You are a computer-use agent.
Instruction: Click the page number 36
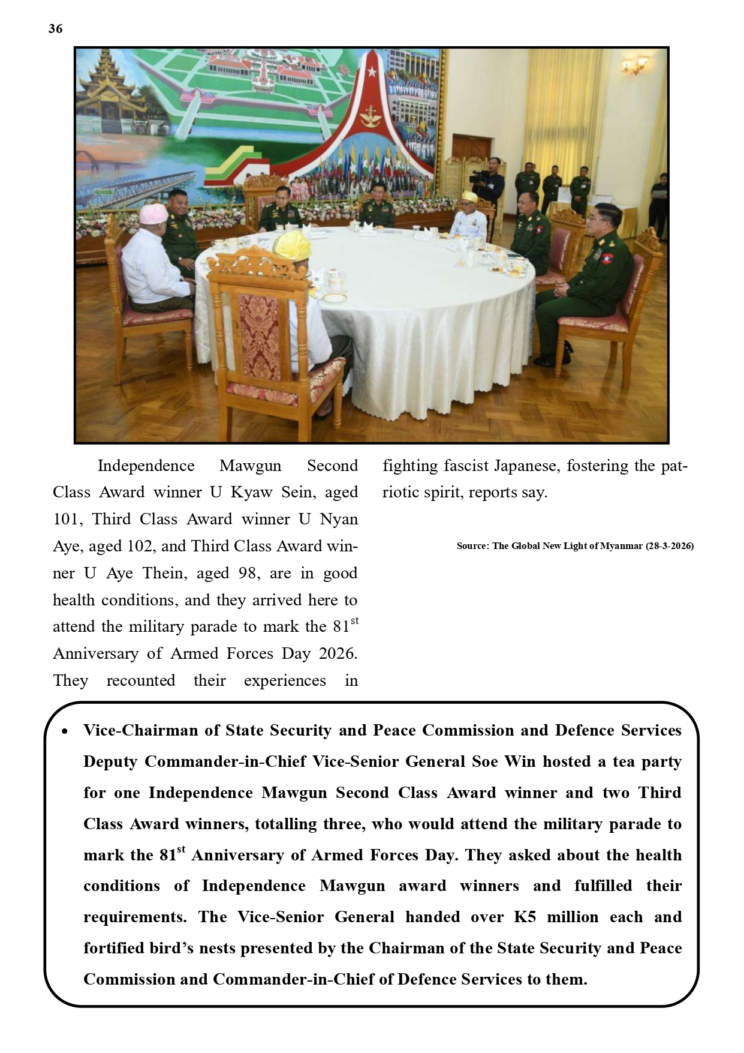pos(55,29)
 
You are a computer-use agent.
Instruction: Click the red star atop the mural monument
pos(372,72)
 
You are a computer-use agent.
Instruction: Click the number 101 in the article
pos(65,519)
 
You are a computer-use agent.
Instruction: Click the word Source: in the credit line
pos(472,546)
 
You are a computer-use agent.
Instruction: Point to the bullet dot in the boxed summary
pos(65,731)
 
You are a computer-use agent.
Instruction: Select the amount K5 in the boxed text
pos(525,917)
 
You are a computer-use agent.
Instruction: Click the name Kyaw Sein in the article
pos(273,493)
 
